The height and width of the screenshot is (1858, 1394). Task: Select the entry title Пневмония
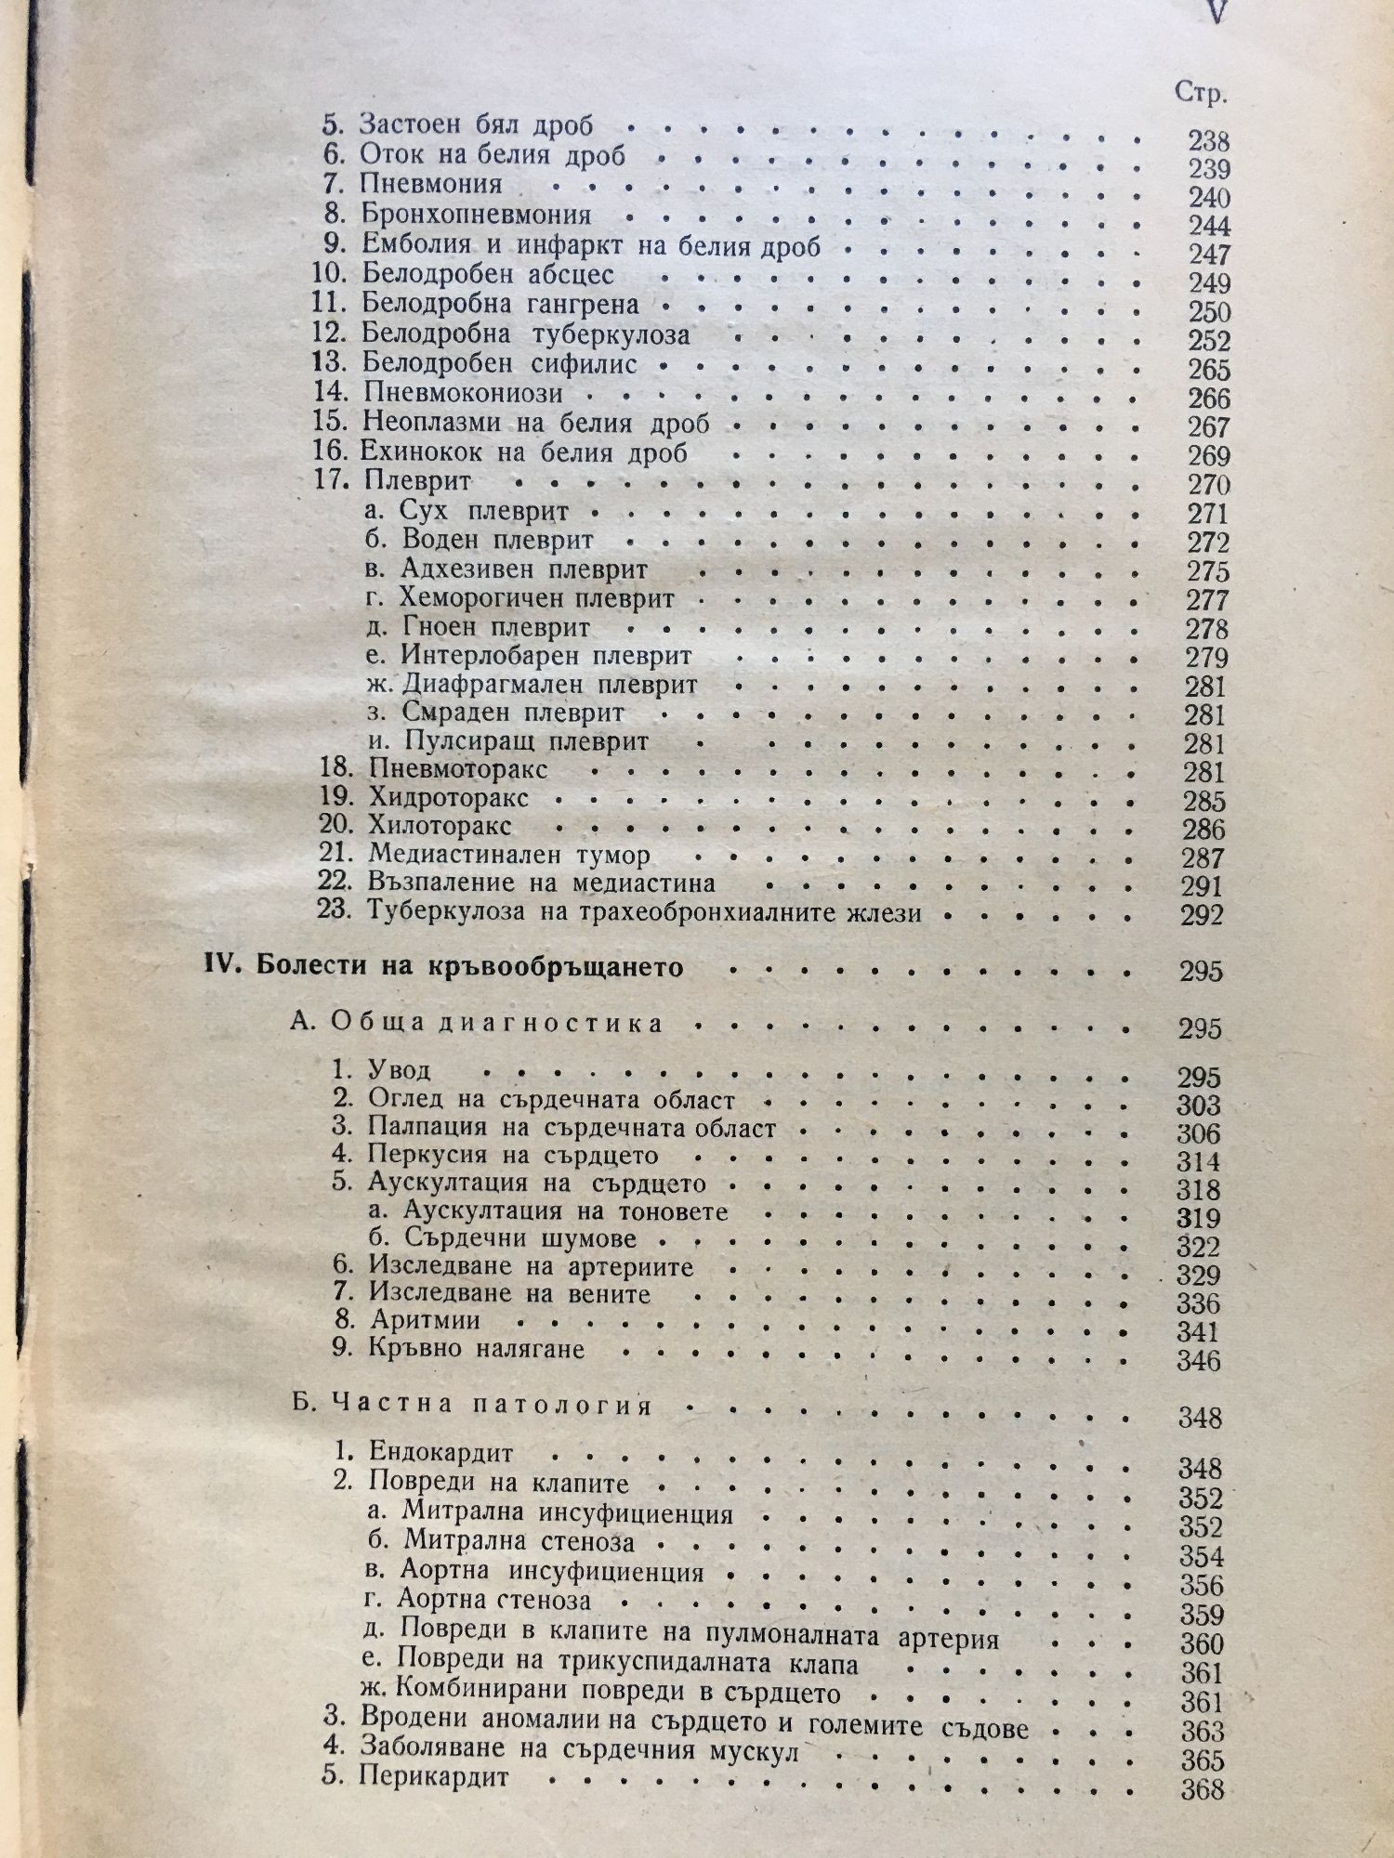click(431, 184)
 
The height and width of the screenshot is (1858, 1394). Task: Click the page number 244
click(1209, 227)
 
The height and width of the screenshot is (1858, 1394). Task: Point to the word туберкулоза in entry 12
click(611, 334)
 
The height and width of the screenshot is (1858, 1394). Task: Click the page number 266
click(1209, 399)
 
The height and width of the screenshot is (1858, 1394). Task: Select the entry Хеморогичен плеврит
click(536, 598)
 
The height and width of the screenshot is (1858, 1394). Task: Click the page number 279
click(1207, 658)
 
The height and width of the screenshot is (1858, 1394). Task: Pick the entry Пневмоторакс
click(457, 769)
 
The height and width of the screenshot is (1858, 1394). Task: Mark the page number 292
click(1203, 916)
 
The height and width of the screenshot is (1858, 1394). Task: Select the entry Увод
click(400, 1070)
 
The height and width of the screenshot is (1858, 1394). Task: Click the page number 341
click(1197, 1332)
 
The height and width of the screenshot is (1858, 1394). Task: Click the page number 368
click(1202, 1789)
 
